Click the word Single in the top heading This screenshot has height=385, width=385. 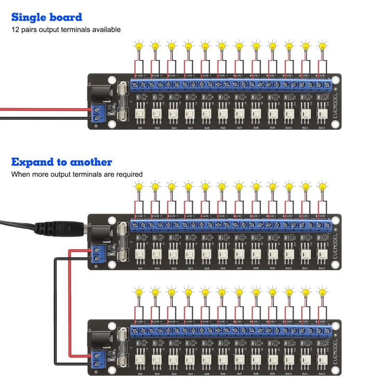[x=29, y=17]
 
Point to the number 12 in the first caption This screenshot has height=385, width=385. [x=15, y=30]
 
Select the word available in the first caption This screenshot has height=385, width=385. [x=104, y=30]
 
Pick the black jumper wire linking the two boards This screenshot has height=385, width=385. [x=54, y=313]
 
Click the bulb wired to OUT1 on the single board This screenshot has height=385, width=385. [x=139, y=47]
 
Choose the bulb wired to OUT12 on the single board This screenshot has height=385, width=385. [x=321, y=47]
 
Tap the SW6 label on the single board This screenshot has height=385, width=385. [x=223, y=128]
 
